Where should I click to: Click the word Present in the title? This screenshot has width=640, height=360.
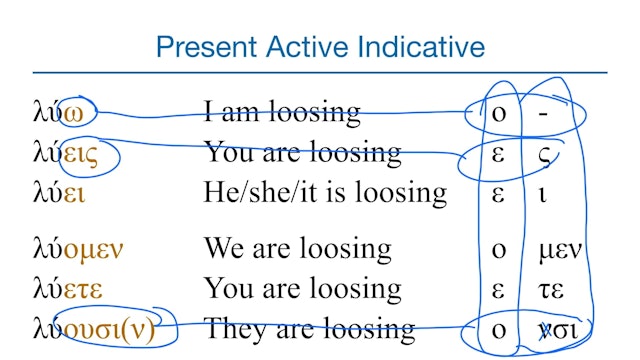[206, 46]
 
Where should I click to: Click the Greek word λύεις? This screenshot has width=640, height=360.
[69, 153]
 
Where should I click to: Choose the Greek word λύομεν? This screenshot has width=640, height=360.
[79, 248]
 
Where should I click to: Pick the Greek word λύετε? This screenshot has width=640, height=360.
[68, 289]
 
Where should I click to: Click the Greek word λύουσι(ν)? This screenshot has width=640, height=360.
[94, 328]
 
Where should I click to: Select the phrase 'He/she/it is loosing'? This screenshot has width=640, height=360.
[325, 192]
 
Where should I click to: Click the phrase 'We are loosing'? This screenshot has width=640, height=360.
[298, 248]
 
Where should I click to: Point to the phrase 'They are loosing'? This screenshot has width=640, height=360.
[309, 328]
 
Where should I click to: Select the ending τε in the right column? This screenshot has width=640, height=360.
[551, 289]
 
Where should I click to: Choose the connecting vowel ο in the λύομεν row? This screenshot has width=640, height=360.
[499, 249]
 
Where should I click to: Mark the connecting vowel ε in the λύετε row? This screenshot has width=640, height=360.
[499, 289]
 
